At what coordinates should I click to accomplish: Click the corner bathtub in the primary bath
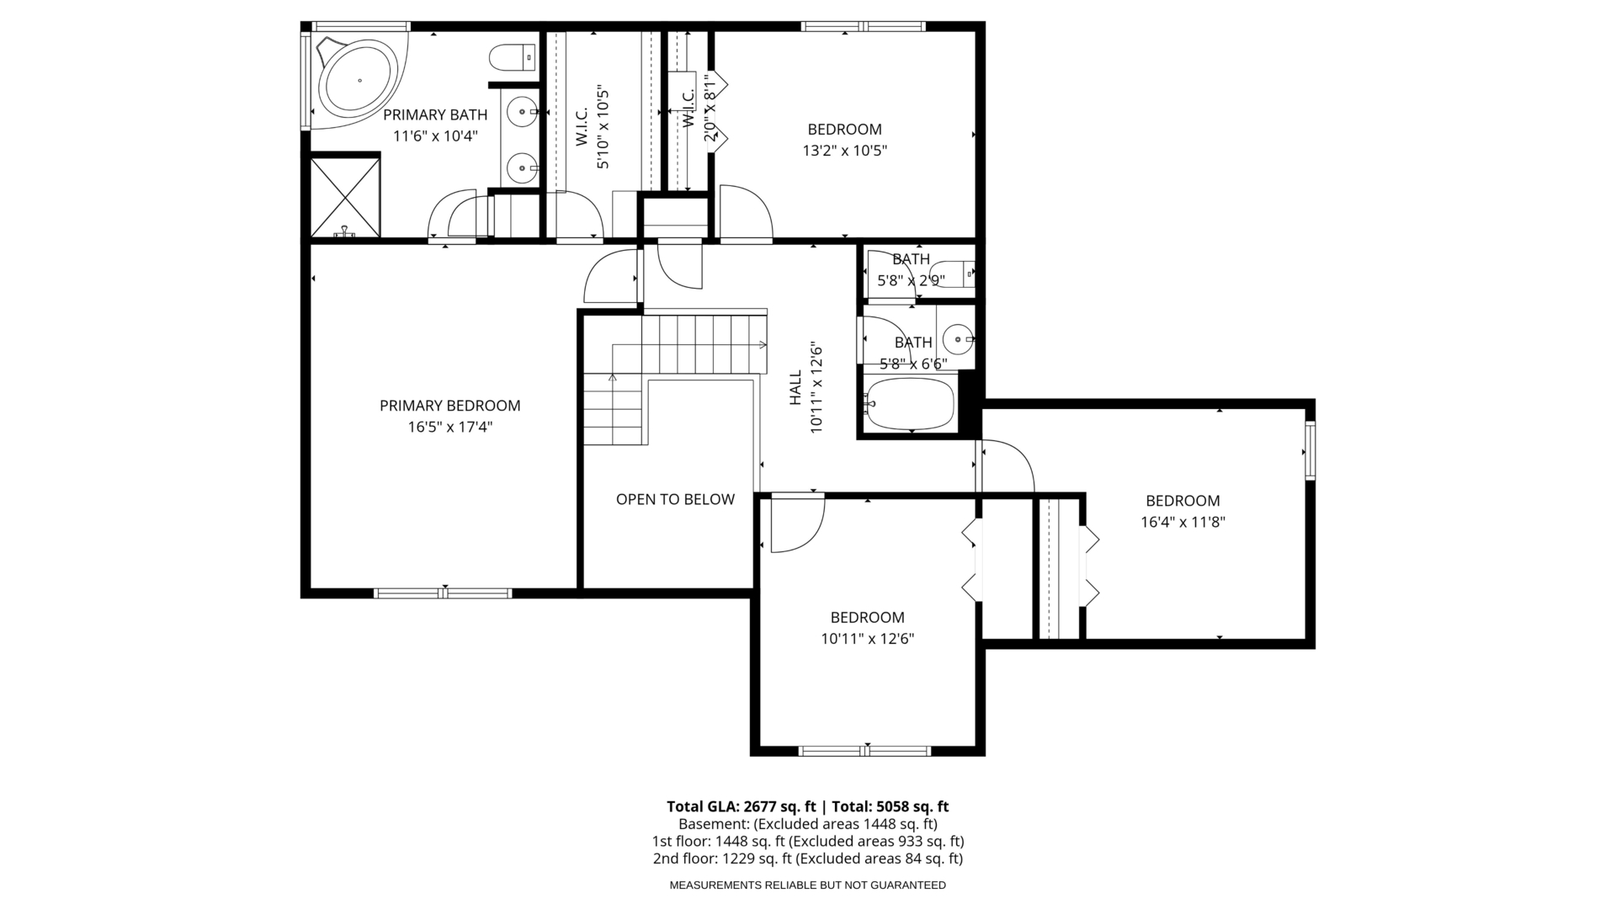358,81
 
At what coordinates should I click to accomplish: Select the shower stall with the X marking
345,197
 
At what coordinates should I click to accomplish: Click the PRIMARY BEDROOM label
450,406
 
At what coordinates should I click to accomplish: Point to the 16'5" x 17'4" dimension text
450,428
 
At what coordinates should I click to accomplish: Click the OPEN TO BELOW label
675,499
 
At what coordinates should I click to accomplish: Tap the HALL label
795,388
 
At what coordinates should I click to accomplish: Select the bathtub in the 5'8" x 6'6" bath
910,403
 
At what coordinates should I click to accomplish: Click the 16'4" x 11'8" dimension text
1183,522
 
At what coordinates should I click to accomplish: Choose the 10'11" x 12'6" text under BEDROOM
868,639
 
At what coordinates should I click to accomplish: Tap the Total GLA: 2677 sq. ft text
742,806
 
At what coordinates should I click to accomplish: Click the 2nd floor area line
808,859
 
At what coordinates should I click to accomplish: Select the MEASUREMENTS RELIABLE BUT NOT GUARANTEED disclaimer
808,885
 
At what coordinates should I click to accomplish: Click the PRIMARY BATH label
435,115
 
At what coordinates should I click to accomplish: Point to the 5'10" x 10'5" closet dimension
603,126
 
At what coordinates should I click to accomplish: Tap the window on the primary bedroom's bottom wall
443,593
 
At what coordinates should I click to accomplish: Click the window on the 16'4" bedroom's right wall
1310,451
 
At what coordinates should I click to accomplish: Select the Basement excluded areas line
808,824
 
